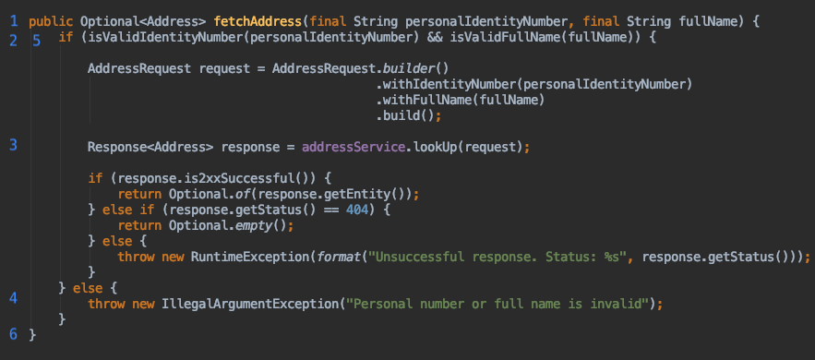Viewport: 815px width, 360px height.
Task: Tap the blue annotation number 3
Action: tap(13, 145)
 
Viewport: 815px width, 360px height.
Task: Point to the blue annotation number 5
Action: tap(36, 38)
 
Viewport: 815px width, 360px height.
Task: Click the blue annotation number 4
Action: tap(13, 297)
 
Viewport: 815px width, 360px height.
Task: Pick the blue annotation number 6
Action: tap(13, 332)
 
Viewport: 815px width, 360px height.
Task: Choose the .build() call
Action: tap(404, 115)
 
